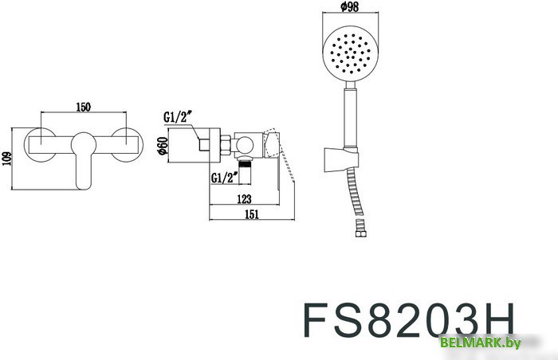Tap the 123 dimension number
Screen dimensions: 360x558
coord(245,199)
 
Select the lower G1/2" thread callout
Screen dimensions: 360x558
coord(223,177)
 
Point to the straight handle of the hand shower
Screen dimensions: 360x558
coord(348,119)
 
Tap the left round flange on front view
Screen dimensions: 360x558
coord(40,144)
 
